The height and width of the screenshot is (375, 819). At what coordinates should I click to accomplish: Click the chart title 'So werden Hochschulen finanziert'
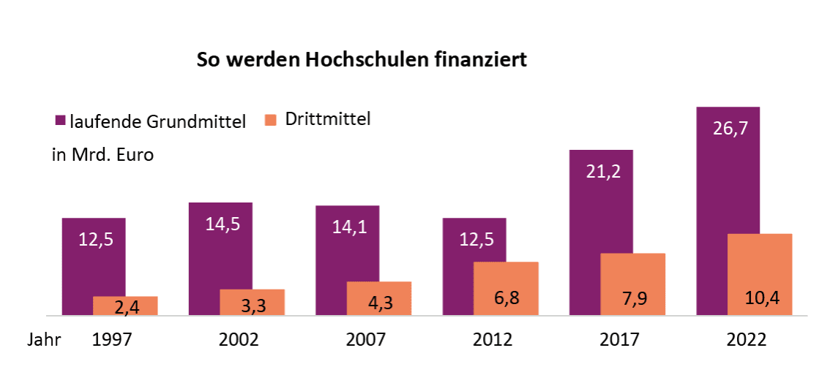pyautogui.click(x=362, y=60)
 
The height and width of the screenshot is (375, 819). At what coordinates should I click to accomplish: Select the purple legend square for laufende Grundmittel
pyautogui.click(x=60, y=120)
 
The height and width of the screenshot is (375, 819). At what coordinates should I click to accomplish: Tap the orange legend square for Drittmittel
pyautogui.click(x=270, y=119)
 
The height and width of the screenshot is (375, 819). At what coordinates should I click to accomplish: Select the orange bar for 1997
pyautogui.click(x=125, y=306)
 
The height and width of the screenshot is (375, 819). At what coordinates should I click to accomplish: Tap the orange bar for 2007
pyautogui.click(x=379, y=298)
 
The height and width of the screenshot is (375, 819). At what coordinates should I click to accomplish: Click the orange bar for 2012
pyautogui.click(x=506, y=288)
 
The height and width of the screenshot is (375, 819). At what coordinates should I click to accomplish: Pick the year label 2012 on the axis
pyautogui.click(x=493, y=340)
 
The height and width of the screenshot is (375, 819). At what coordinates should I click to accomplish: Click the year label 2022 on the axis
pyautogui.click(x=747, y=340)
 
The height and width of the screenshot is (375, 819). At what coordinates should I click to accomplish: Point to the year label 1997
pyautogui.click(x=111, y=340)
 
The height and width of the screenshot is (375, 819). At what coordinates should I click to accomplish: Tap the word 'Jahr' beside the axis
pyautogui.click(x=45, y=340)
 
